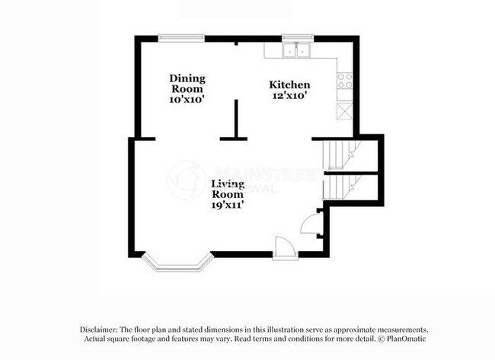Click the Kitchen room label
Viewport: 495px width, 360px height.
pyautogui.click(x=290, y=84)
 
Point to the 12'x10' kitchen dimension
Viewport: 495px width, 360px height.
pyautogui.click(x=290, y=96)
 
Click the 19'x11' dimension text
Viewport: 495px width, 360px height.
pyautogui.click(x=228, y=204)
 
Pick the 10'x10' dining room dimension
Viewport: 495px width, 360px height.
pyautogui.click(x=187, y=99)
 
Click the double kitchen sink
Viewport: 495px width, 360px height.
pyautogui.click(x=297, y=50)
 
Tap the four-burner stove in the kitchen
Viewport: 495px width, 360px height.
pyautogui.click(x=344, y=80)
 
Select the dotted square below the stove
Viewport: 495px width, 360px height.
pyautogui.click(x=344, y=109)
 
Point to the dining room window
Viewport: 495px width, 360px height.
pyautogui.click(x=180, y=37)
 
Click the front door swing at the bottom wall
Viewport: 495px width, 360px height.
pyautogui.click(x=283, y=247)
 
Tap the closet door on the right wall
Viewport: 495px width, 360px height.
pyautogui.click(x=311, y=224)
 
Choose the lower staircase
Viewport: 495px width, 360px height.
pyautogui.click(x=340, y=186)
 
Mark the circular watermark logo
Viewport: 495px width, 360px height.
pyautogui.click(x=185, y=180)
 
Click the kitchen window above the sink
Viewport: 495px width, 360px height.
pyautogui.click(x=298, y=36)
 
